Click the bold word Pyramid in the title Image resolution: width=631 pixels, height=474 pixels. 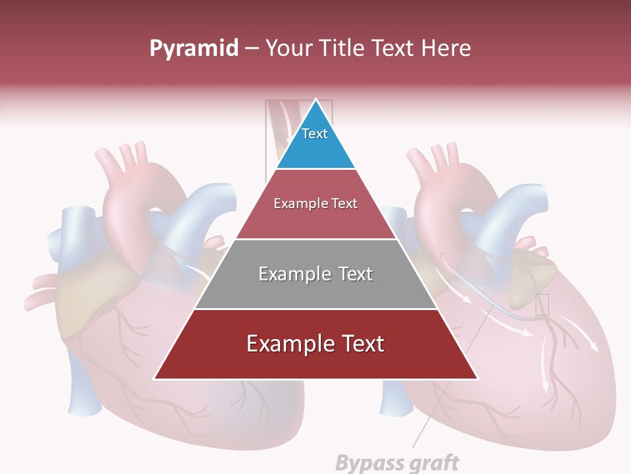tap(193, 49)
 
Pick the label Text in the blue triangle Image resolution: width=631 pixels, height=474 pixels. tap(315, 134)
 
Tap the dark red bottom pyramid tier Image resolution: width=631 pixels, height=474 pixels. tap(315, 362)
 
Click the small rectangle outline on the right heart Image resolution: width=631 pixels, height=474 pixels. tap(542, 304)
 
